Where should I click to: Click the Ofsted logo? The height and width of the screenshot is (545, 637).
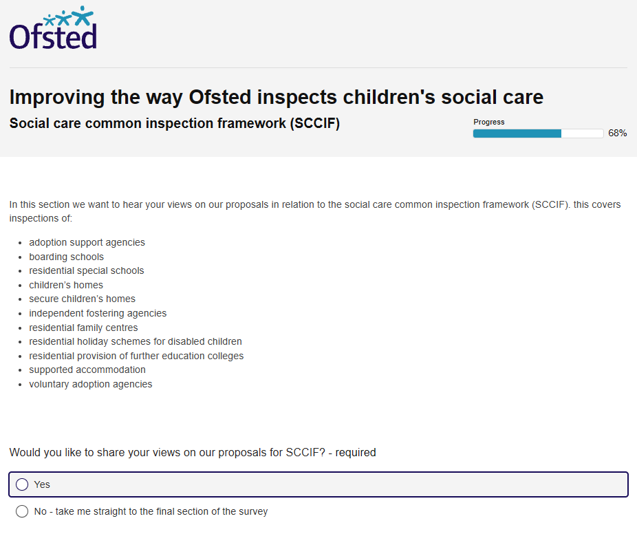[53, 28]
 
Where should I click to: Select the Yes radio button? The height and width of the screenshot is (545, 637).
[22, 484]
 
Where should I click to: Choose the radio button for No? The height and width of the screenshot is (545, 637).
[22, 511]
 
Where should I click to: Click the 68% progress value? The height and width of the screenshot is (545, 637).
[617, 133]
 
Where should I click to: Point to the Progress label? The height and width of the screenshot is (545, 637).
[488, 122]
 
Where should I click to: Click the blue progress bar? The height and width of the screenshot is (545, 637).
[538, 133]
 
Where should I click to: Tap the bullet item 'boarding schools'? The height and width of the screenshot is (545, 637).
[66, 257]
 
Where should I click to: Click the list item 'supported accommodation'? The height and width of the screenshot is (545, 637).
[87, 370]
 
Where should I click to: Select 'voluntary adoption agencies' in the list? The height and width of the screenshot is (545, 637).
[91, 384]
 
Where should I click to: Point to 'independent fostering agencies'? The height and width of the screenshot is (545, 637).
[98, 313]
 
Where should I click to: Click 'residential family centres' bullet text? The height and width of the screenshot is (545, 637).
[83, 328]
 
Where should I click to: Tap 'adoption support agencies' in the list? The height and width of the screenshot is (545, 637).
[87, 243]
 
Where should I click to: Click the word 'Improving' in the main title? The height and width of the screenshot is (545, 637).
[57, 98]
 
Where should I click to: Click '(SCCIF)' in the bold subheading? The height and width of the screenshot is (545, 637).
[315, 123]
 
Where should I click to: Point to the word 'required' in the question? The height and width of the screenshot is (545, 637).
[356, 452]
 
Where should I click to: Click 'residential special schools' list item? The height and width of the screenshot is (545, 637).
[87, 270]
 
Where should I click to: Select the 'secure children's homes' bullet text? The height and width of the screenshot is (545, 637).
[82, 299]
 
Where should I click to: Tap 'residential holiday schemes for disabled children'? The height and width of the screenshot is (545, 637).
[136, 341]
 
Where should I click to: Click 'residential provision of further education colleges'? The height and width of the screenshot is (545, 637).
[136, 356]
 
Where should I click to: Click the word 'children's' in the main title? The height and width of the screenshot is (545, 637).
[389, 98]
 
